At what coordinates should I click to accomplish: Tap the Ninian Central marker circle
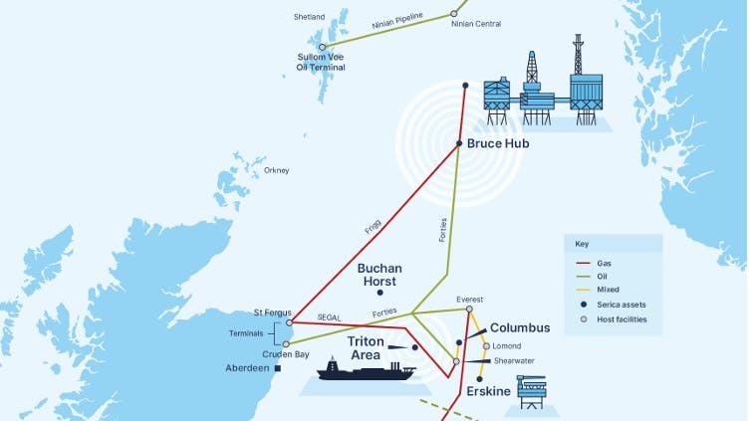[453, 14]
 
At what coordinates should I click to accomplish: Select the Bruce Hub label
[498, 143]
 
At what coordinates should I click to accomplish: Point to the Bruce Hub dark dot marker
[459, 143]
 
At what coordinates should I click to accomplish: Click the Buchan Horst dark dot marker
[378, 293]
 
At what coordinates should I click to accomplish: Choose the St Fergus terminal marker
[289, 322]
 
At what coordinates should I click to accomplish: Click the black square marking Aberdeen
[278, 368]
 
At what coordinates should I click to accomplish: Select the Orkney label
[276, 170]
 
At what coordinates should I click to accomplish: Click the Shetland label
[309, 17]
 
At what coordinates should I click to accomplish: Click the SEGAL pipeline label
[330, 316]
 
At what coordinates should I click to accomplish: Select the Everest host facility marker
[468, 310]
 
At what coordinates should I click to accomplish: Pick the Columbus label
[520, 327]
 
